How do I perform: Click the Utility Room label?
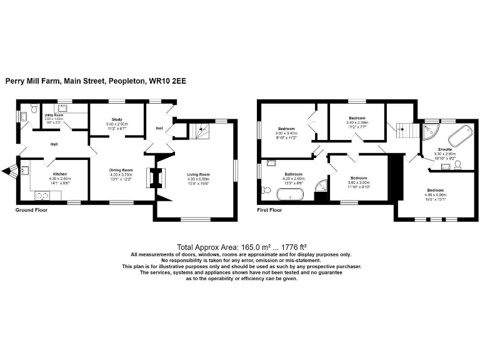coord(54,116)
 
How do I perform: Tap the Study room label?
coord(117,119)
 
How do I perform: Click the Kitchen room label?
coord(59,174)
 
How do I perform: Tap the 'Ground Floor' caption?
coord(31,211)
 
